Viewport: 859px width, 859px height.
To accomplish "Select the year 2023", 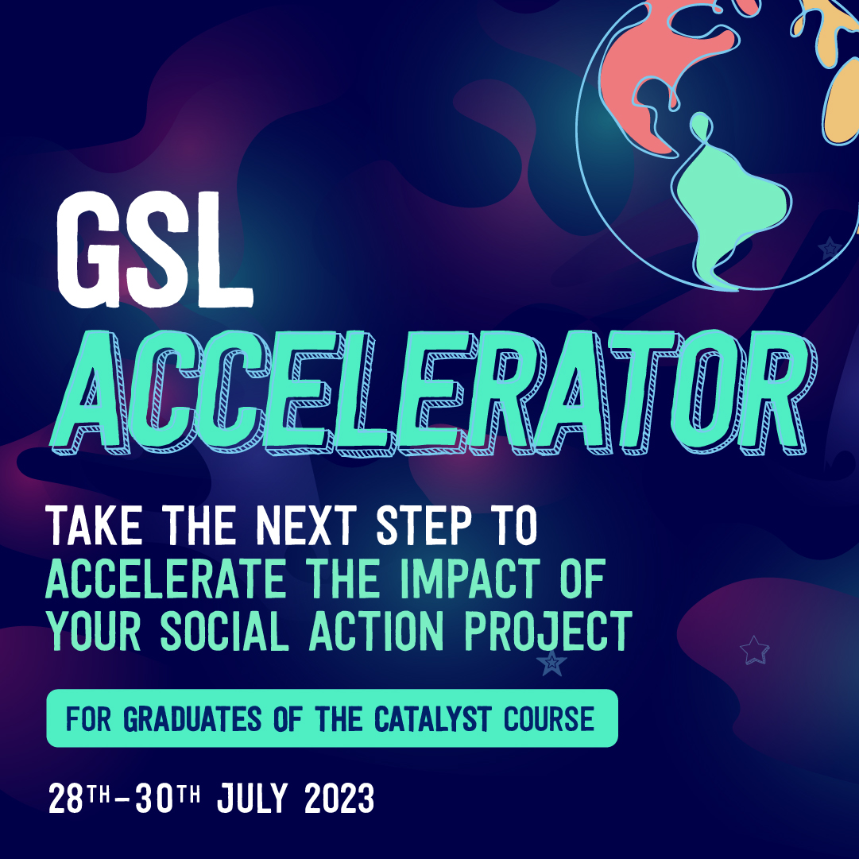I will [x=339, y=797].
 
